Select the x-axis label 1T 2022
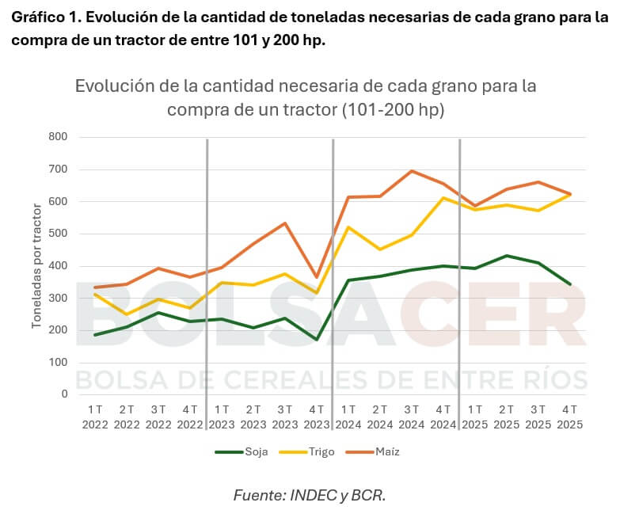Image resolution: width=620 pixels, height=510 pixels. (95, 417)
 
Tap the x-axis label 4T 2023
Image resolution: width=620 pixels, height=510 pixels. (317, 417)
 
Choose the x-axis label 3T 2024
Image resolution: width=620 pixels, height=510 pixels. (412, 417)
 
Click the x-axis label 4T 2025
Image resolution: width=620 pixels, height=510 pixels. (570, 417)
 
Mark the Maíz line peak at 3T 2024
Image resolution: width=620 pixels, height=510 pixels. (412, 171)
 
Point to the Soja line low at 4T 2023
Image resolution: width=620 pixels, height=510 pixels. (317, 340)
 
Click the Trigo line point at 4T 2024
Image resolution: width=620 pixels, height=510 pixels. (443, 198)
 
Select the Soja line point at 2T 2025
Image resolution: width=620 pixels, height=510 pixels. (507, 256)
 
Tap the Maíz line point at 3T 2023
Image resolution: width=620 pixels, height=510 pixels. (285, 223)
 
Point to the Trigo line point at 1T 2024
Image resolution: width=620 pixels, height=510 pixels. (348, 227)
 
